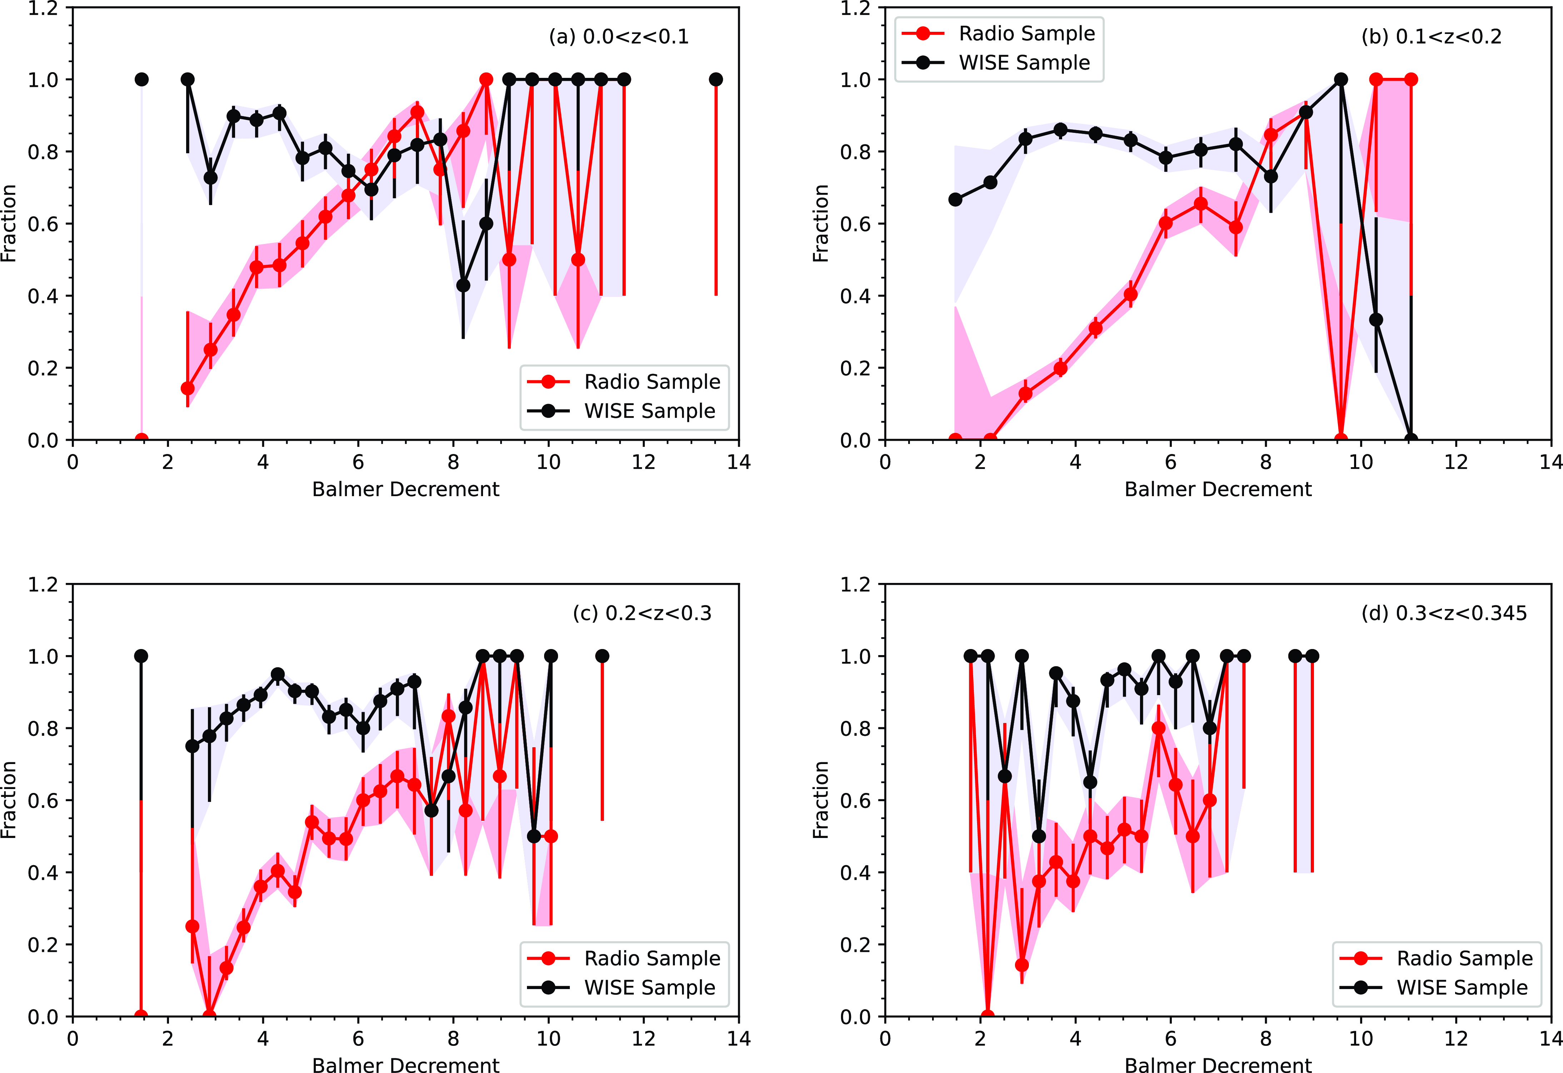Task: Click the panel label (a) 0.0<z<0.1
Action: click(x=619, y=36)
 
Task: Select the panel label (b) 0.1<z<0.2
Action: click(x=1431, y=36)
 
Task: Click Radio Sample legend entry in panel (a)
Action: click(x=651, y=382)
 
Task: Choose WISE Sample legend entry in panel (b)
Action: click(x=1024, y=63)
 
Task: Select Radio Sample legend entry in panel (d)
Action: click(x=1464, y=958)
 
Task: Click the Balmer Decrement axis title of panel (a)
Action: click(x=405, y=489)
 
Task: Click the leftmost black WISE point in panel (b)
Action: click(x=955, y=200)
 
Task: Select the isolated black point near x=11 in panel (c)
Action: click(x=602, y=656)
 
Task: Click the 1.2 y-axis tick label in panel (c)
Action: click(x=43, y=584)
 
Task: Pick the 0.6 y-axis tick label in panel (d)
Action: click(x=856, y=801)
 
